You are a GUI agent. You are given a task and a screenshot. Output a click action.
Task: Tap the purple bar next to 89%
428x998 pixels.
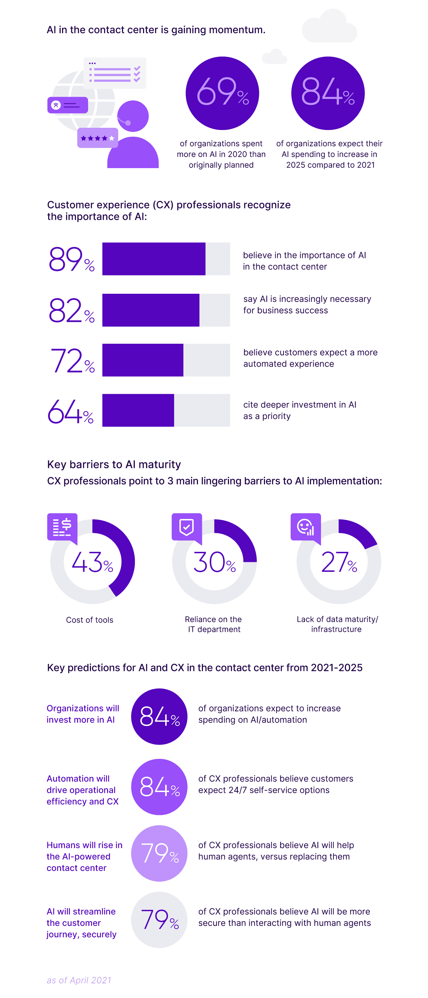coord(154,259)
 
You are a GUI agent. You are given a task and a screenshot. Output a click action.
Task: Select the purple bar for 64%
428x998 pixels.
coord(138,410)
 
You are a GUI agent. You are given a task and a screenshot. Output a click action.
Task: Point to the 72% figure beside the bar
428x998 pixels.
coord(72,361)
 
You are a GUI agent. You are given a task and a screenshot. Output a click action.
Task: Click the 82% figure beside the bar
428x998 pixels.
coord(72,311)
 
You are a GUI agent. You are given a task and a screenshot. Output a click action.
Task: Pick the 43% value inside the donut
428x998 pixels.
coord(92,562)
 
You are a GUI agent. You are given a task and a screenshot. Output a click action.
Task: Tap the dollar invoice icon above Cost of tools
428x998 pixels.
coord(62,527)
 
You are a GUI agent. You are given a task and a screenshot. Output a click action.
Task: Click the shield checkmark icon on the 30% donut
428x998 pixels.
coord(187,527)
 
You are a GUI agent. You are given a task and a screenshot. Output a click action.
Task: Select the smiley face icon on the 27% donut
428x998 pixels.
coord(305,527)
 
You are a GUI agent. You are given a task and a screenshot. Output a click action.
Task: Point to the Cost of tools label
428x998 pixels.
coord(90,620)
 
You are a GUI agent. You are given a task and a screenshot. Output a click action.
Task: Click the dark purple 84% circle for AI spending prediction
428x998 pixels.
coord(159,716)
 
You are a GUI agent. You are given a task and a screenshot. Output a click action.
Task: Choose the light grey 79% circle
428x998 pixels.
coord(159,919)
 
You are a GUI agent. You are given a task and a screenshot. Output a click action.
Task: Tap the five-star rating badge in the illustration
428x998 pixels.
coord(97,138)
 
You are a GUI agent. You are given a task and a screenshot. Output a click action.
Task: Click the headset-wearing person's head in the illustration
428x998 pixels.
coord(133,116)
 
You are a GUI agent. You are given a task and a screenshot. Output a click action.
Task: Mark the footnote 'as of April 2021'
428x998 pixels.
coord(79,980)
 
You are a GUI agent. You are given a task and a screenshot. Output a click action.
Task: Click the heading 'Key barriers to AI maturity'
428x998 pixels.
coord(114,464)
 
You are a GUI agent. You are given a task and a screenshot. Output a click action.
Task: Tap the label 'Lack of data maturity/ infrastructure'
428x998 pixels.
coord(337,624)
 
